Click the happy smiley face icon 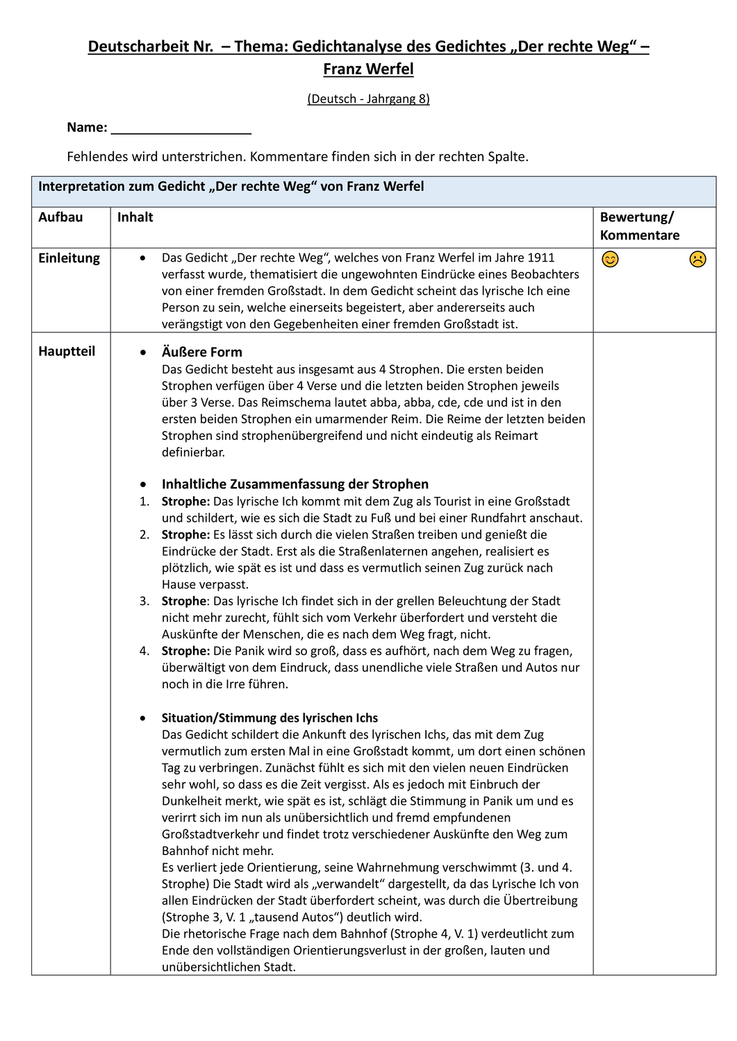coord(610,260)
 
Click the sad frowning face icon coord(697,260)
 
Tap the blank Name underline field coord(181,128)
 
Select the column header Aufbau coord(60,217)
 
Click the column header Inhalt coord(135,217)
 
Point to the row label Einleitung coord(69,258)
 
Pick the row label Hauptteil coord(67,351)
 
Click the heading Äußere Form coord(201,352)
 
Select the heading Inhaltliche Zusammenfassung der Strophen coord(295,484)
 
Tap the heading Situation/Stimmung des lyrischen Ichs coord(270,718)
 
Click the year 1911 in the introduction coord(541,257)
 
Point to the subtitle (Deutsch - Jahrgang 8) coord(368,99)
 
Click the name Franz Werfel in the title coord(368,69)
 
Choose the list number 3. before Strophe coord(144,601)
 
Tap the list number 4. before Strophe coord(144,651)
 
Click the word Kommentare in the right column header coord(640,235)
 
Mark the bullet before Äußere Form coord(143,353)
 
